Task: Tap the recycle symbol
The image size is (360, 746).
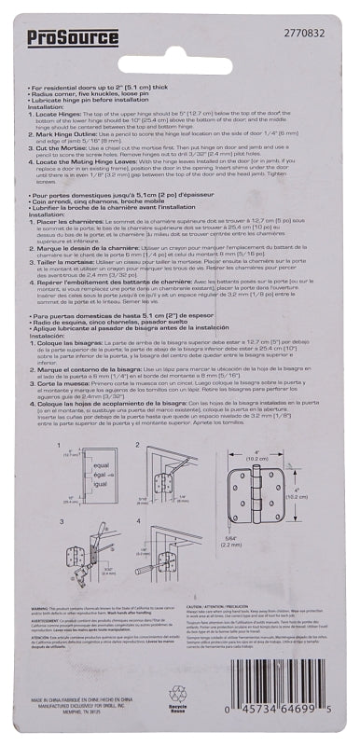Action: [178, 720]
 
